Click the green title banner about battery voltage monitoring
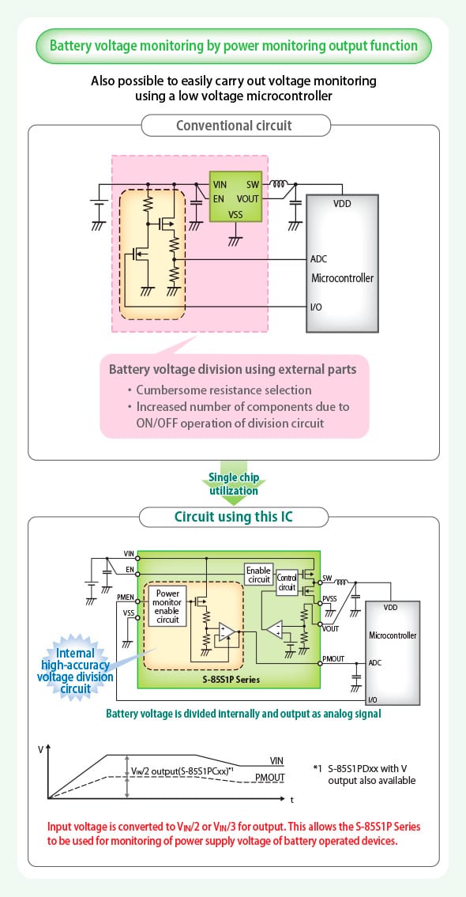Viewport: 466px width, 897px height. coord(233,46)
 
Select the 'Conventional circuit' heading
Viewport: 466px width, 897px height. coord(233,126)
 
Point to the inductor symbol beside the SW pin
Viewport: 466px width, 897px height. coord(279,185)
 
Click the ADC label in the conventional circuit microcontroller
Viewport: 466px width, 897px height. coord(319,259)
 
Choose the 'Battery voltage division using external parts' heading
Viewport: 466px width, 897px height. coord(232,369)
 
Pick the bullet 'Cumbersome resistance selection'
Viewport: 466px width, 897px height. coord(224,390)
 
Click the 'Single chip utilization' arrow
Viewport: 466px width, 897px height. coord(233,484)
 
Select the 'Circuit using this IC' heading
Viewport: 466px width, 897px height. coord(233,518)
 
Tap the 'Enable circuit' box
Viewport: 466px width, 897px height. coord(258,575)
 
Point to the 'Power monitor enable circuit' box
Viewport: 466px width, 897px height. coord(167,606)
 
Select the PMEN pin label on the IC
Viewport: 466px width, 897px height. coord(126,597)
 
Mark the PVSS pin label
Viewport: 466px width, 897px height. coord(330,599)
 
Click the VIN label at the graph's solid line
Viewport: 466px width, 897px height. coord(276,760)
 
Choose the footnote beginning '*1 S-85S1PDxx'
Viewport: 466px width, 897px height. coord(365,775)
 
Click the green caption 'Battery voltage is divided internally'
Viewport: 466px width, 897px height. coord(243,713)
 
